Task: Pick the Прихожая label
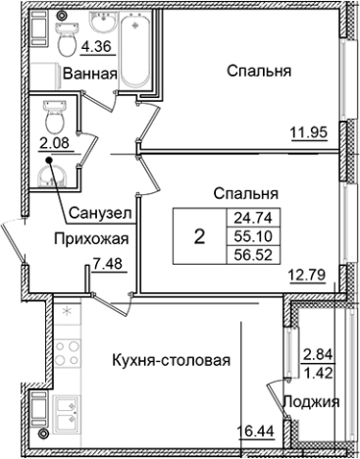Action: click(90, 237)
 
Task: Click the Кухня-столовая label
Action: click(171, 360)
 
